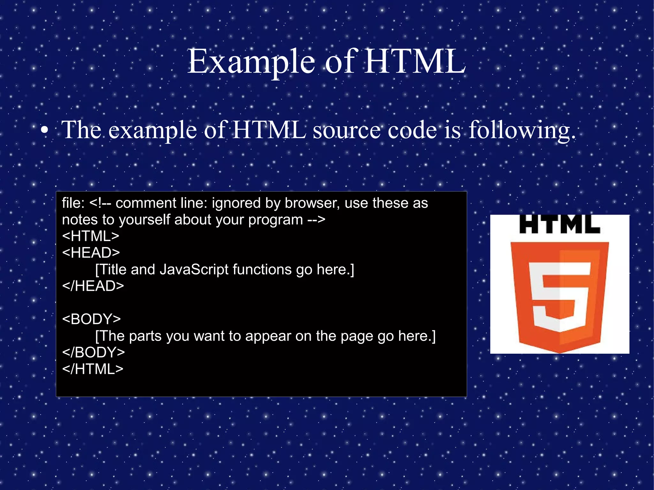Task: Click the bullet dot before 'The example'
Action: pos(45,130)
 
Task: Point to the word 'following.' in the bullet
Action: pos(522,130)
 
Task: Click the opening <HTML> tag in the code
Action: pos(91,236)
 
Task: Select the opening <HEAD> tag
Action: pos(91,253)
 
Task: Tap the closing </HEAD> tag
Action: pos(93,286)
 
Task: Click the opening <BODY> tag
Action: pos(91,319)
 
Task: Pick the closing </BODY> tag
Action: pos(93,352)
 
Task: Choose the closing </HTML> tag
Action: pos(93,369)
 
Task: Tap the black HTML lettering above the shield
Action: pos(559,224)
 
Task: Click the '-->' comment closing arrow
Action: pos(316,220)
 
